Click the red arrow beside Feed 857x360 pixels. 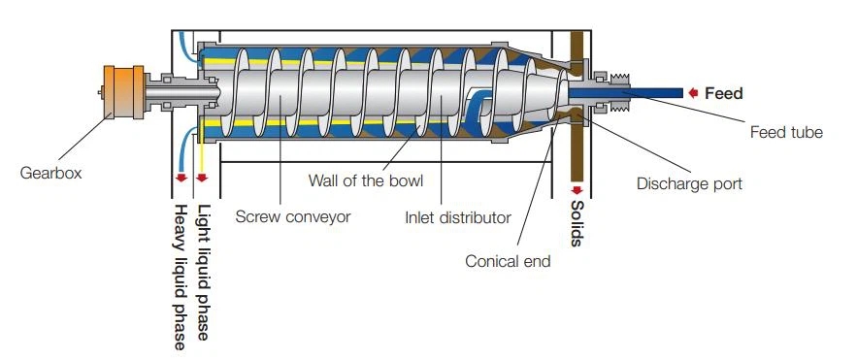(x=694, y=93)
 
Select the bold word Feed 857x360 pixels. (x=724, y=94)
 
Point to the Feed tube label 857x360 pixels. (x=786, y=132)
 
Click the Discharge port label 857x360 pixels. (x=688, y=182)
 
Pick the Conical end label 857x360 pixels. (x=508, y=261)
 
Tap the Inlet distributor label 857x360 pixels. (x=457, y=217)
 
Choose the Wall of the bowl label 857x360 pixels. (x=365, y=180)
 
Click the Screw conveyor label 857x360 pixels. (x=292, y=217)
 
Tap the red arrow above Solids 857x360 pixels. (x=577, y=189)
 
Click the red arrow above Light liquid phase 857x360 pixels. (x=203, y=179)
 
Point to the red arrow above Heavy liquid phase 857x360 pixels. (x=181, y=179)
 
